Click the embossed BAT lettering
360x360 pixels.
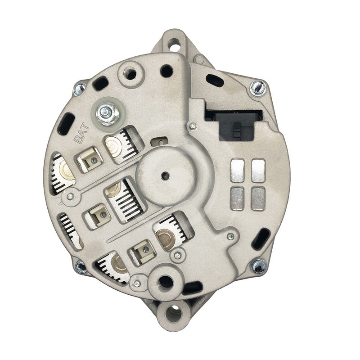pyautogui.click(x=82, y=133)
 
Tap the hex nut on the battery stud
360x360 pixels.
pyautogui.click(x=107, y=114)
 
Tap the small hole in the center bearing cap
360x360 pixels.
pyautogui.click(x=165, y=176)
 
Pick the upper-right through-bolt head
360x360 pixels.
pyautogui.click(x=257, y=88)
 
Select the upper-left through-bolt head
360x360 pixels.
pyautogui.click(x=79, y=89)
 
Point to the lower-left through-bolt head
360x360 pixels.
pyautogui.click(x=81, y=267)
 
